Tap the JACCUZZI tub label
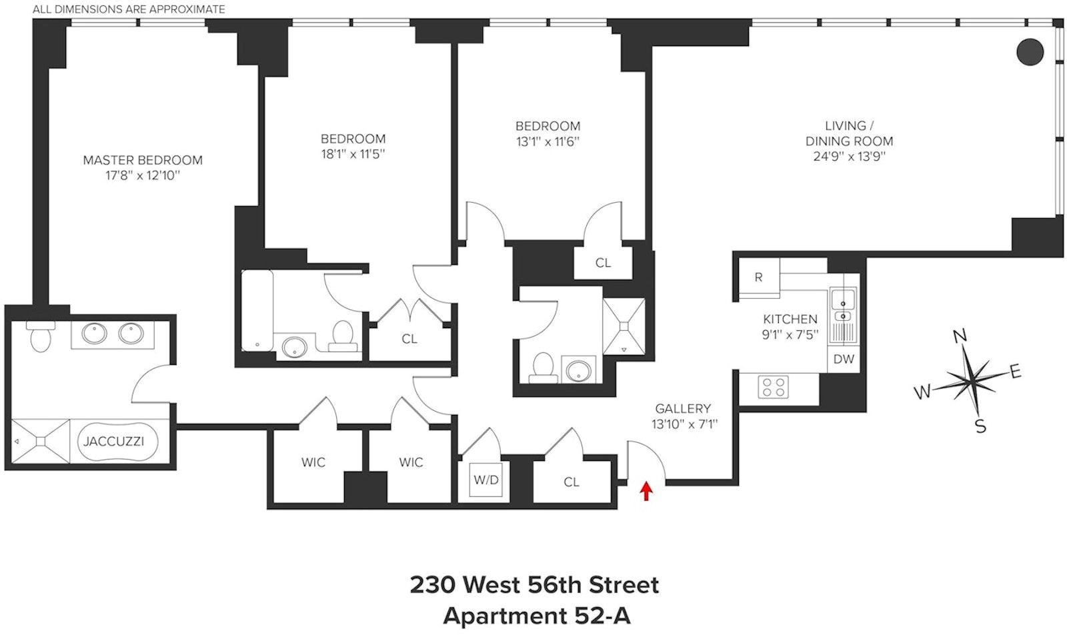[x=113, y=442]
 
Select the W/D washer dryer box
[x=486, y=480]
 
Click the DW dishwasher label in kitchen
[x=844, y=359]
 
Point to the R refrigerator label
[x=758, y=277]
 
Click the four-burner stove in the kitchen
[x=774, y=387]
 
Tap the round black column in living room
[x=1030, y=52]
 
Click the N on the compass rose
[x=960, y=336]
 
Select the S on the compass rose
[x=980, y=426]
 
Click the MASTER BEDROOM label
[x=143, y=160]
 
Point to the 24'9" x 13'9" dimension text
[x=849, y=157]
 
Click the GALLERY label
[x=683, y=408]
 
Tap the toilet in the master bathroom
[x=41, y=337]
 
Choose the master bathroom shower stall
[x=41, y=441]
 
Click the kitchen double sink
[x=843, y=305]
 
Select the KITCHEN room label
[x=790, y=319]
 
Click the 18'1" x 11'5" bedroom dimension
[x=353, y=154]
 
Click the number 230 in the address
[x=432, y=585]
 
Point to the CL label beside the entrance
[x=572, y=482]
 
